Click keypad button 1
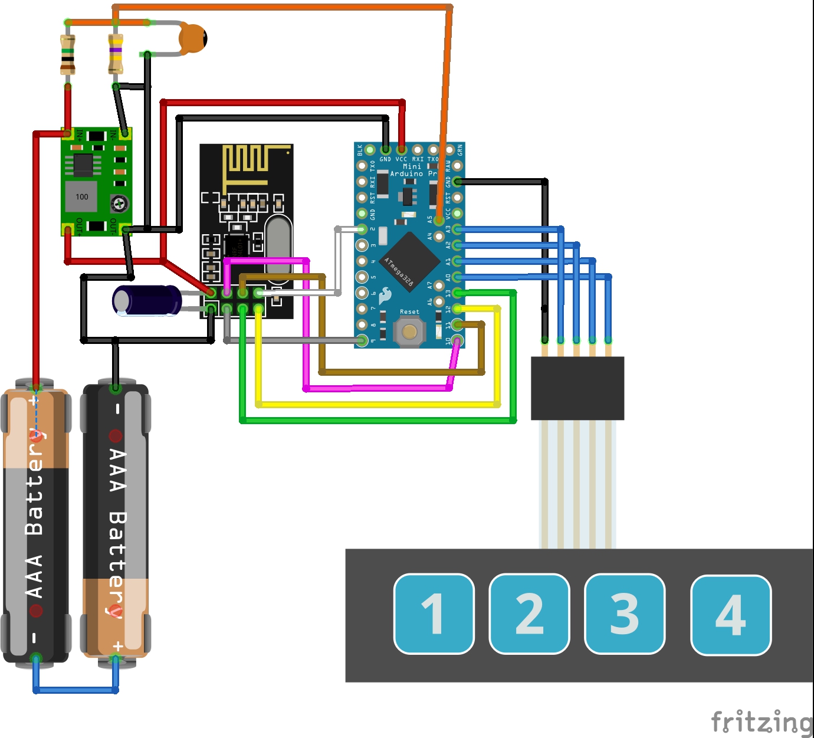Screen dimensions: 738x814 (434, 614)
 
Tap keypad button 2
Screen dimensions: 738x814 (529, 614)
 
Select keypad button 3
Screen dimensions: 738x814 (624, 614)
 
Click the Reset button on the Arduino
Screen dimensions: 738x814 (409, 331)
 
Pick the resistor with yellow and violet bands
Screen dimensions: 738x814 (116, 54)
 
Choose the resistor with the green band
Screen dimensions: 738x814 (68, 54)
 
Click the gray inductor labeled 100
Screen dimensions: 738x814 (81, 196)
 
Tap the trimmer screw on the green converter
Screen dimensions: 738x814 (119, 204)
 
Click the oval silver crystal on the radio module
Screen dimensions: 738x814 (278, 245)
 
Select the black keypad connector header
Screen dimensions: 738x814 (577, 388)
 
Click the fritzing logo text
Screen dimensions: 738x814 (762, 722)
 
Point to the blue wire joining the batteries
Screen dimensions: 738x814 (76, 690)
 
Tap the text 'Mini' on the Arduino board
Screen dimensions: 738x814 (412, 166)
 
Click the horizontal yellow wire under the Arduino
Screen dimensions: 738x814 (378, 405)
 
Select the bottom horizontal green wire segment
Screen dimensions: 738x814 (378, 420)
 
